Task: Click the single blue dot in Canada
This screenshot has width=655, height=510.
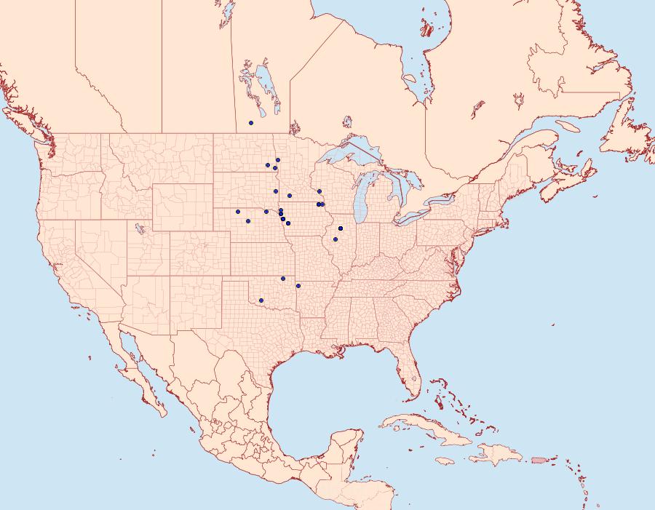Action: tap(250, 122)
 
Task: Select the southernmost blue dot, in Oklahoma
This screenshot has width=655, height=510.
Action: tap(261, 300)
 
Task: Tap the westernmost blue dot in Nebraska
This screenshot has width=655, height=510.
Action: tap(237, 212)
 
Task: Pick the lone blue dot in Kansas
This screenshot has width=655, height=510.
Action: tap(282, 279)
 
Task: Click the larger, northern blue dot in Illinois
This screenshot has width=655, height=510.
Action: tap(341, 228)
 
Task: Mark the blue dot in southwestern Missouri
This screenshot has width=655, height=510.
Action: tap(298, 284)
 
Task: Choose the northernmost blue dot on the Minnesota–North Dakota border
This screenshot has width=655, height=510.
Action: tap(278, 160)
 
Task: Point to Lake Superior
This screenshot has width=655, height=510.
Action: tap(349, 156)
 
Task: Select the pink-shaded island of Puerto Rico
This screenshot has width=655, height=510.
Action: tap(538, 460)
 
